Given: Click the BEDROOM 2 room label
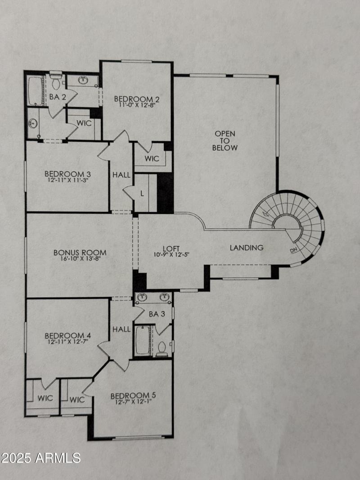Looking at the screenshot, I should (x=136, y=99).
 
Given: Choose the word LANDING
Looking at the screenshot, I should (x=247, y=247).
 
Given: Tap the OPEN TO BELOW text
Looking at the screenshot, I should (x=225, y=141).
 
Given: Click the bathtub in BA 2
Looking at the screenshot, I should (x=36, y=91).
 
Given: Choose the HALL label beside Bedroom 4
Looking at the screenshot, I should (x=121, y=330).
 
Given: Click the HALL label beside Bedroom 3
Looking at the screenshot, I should (x=121, y=175).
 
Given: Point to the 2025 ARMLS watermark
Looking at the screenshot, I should (x=40, y=458).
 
